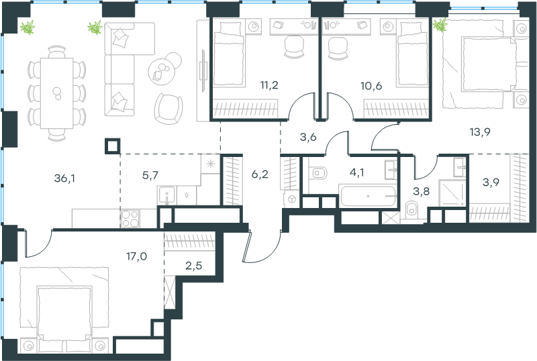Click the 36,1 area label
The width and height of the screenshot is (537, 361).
tap(64, 178)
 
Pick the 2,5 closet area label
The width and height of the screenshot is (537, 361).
tap(193, 265)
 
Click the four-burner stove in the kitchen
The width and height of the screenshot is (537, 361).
tap(129, 218)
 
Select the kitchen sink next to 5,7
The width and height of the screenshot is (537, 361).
tap(166, 195)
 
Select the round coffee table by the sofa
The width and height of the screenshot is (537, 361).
tap(163, 69)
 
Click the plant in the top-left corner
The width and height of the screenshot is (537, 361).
tap(27, 28)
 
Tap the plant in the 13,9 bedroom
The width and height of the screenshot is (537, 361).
tap(440, 26)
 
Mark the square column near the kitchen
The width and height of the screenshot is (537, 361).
tap(113, 145)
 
